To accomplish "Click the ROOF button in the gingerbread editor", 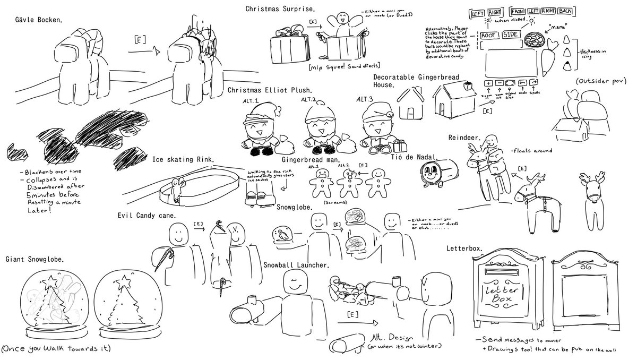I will click(x=489, y=35).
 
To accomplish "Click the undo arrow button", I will click(x=523, y=83).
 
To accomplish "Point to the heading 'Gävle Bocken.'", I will click(x=39, y=20).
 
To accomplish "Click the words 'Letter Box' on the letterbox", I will click(x=504, y=293).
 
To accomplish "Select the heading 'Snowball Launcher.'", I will click(x=296, y=264).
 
